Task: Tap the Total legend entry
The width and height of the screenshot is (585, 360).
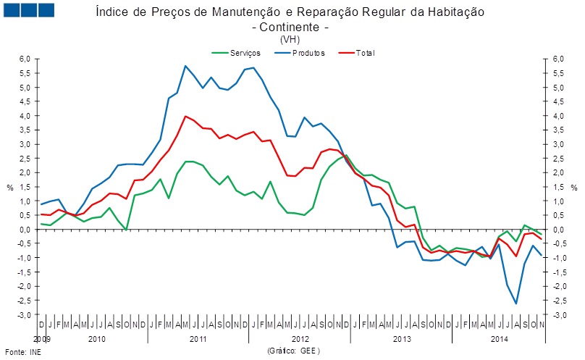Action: (365, 53)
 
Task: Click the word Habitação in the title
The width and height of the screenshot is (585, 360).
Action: (454, 12)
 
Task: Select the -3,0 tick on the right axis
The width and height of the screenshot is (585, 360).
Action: (557, 315)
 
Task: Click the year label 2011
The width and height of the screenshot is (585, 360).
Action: (198, 339)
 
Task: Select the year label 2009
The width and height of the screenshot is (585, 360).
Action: (43, 339)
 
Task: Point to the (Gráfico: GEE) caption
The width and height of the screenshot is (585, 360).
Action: (293, 351)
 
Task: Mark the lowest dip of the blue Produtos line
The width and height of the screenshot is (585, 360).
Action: (516, 304)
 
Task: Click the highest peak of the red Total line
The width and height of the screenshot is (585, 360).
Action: (186, 116)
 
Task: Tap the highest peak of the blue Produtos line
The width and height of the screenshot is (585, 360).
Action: (186, 66)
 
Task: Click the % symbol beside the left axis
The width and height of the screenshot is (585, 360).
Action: (10, 188)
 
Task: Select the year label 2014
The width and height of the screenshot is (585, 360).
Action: (500, 339)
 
